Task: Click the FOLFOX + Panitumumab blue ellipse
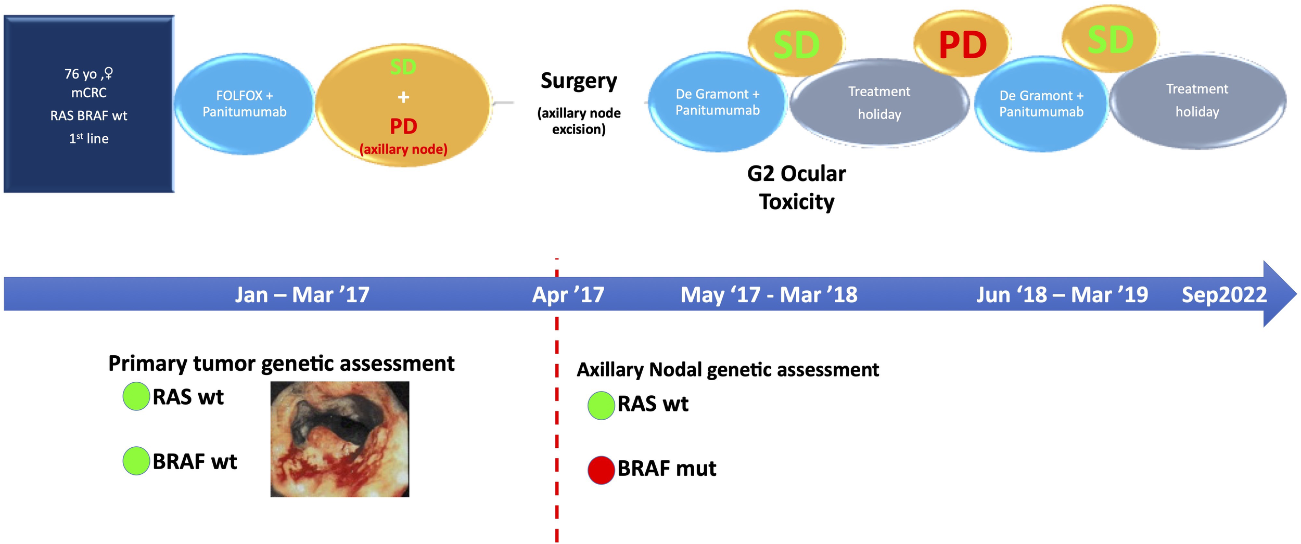click(x=244, y=103)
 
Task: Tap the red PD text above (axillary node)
click(x=403, y=126)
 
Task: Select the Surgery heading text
click(x=579, y=81)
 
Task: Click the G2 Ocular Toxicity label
click(x=796, y=188)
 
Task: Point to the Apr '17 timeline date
click(x=568, y=295)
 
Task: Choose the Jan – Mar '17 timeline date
click(x=302, y=295)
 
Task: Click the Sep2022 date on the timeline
click(x=1224, y=295)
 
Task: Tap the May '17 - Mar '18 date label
click(x=769, y=295)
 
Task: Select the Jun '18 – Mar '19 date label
click(x=1062, y=295)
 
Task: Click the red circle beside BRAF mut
click(x=601, y=470)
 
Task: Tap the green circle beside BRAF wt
click(x=136, y=461)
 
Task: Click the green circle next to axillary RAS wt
click(x=601, y=406)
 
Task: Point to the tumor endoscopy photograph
click(x=340, y=439)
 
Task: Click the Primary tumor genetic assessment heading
click(x=281, y=364)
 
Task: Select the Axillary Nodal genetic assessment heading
click(x=728, y=370)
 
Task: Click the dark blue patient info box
click(x=88, y=104)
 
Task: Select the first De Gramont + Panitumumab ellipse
click(x=717, y=102)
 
